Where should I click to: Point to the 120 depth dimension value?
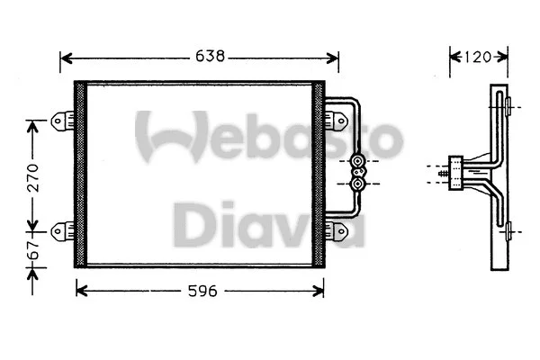click(x=477, y=58)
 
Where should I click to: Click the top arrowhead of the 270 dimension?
click(x=34, y=124)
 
